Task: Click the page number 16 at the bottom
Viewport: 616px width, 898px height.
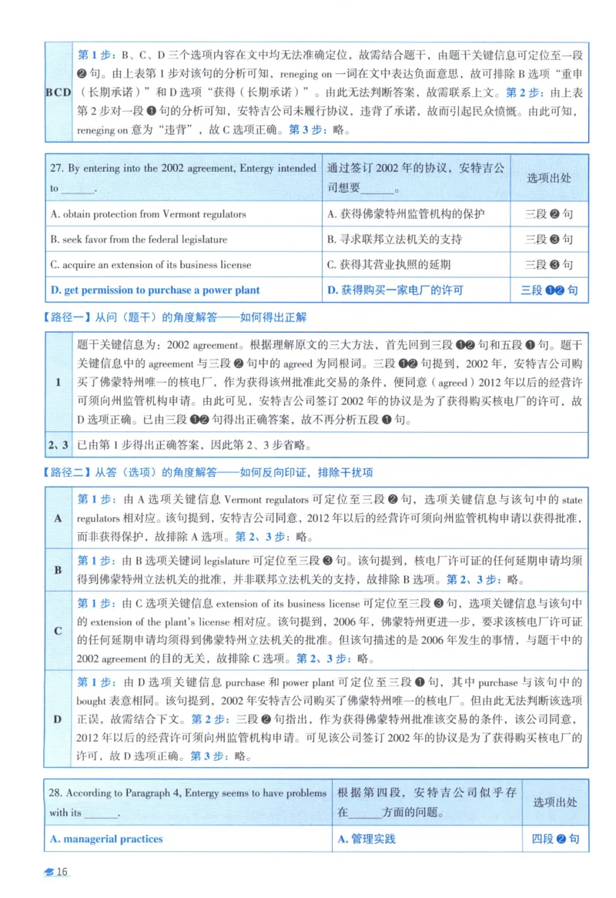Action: [62, 872]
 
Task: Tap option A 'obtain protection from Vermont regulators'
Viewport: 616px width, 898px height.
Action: [148, 214]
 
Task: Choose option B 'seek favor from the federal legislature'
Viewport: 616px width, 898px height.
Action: [139, 240]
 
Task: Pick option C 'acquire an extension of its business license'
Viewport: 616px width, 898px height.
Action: [151, 265]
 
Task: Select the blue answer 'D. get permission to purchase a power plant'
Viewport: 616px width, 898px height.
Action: [155, 290]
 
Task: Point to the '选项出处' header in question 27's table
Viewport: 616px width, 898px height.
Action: [549, 178]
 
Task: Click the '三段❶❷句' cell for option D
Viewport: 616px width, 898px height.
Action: [549, 290]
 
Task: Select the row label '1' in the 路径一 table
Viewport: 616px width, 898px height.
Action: [58, 382]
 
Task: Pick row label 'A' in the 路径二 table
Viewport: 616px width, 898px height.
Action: [58, 518]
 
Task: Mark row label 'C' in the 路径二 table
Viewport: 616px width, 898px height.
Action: [58, 631]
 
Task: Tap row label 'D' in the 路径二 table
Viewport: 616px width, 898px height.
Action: [58, 719]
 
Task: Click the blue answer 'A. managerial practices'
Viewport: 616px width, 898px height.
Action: [106, 839]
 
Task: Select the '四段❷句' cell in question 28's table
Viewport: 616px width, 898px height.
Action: [549, 839]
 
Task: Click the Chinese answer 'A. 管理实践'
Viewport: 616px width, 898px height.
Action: [367, 839]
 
